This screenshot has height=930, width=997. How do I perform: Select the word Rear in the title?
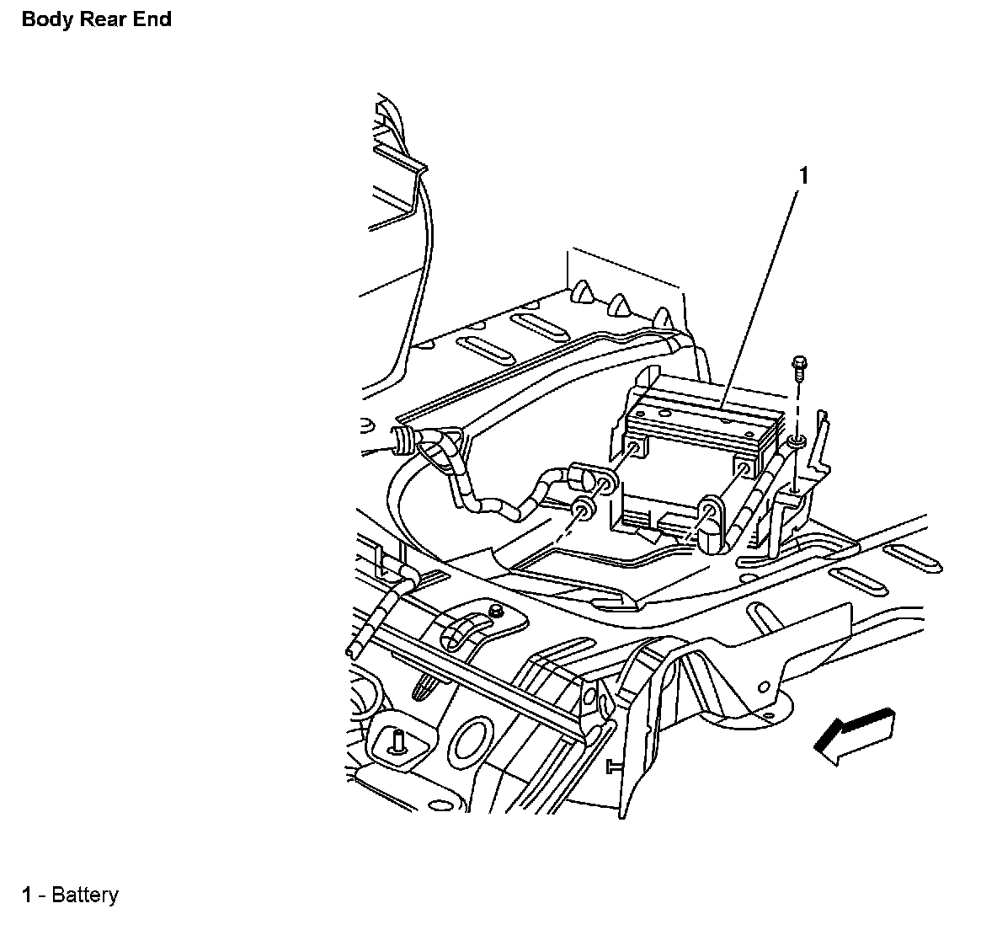pos(101,19)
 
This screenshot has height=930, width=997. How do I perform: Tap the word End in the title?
pos(152,19)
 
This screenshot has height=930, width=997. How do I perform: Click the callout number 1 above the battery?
pos(803,175)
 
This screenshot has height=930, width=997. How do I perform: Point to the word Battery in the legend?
pos(84,895)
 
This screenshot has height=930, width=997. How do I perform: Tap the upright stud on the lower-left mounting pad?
pos(397,740)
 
